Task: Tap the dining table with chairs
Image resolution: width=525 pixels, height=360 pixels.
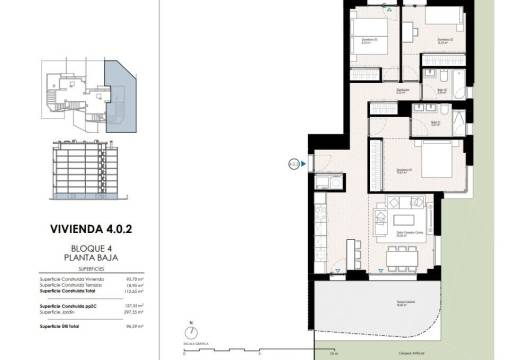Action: tap(405, 257)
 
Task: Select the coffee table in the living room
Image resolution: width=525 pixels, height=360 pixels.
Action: tap(405, 221)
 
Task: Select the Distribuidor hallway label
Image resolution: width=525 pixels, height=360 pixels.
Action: tap(404, 92)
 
